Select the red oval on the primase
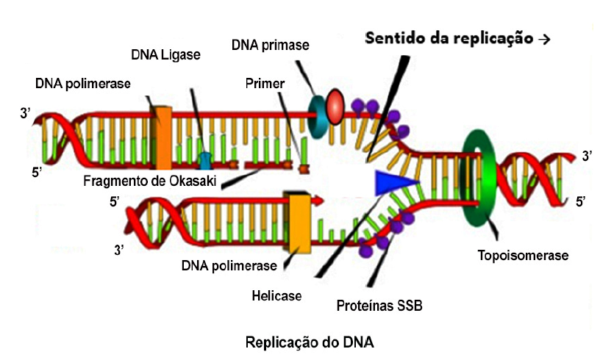[335, 106]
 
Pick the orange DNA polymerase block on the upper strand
[162, 137]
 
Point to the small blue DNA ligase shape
[205, 159]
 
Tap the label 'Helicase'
[276, 295]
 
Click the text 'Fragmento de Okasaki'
[149, 181]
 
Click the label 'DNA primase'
[270, 46]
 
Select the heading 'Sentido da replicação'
[449, 38]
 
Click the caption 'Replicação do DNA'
[310, 342]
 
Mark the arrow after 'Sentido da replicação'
[544, 40]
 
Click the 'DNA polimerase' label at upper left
[82, 83]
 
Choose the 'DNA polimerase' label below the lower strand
[229, 265]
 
